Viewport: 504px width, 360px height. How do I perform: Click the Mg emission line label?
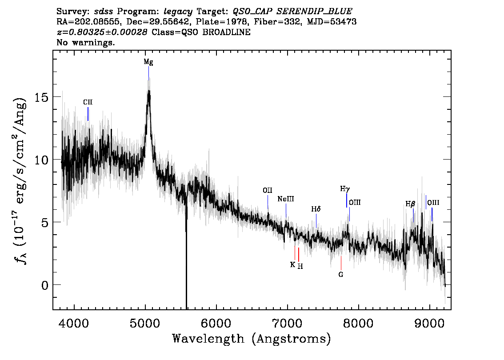(148, 62)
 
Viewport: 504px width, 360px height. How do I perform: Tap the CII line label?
(88, 102)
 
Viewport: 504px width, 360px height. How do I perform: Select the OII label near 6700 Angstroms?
(268, 190)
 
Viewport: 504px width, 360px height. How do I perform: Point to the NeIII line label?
(286, 199)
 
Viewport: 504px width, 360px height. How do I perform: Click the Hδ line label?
(316, 209)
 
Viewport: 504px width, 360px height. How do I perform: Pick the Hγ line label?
(345, 189)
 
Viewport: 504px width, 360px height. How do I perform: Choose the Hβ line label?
(410, 204)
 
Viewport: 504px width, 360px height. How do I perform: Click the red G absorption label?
(341, 275)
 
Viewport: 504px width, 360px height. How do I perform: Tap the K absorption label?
(292, 264)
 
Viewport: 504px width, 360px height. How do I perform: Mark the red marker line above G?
(341, 263)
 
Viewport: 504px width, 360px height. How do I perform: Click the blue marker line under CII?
(88, 114)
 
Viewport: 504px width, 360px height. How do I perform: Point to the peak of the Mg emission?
(149, 91)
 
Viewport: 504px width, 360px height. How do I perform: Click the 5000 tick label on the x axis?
(145, 323)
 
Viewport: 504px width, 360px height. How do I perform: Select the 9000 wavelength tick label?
(429, 323)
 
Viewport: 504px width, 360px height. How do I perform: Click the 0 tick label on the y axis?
(45, 285)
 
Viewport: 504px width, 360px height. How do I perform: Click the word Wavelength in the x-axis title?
(208, 339)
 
